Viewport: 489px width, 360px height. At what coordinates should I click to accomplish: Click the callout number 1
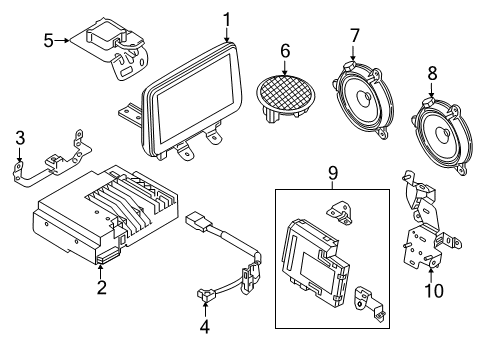pos(227,18)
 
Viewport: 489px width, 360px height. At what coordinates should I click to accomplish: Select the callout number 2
pos(100,289)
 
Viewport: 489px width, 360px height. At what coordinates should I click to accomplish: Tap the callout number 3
pos(18,137)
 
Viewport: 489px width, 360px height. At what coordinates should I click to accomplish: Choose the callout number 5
pos(47,41)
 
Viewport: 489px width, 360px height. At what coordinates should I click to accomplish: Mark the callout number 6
pos(284,48)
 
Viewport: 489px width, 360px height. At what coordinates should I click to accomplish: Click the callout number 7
pos(354,37)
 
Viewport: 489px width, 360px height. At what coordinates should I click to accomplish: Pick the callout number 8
pos(432,73)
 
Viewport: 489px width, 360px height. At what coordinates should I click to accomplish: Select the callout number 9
pos(333,172)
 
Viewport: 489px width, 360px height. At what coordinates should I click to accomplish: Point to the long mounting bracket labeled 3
pos(50,160)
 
